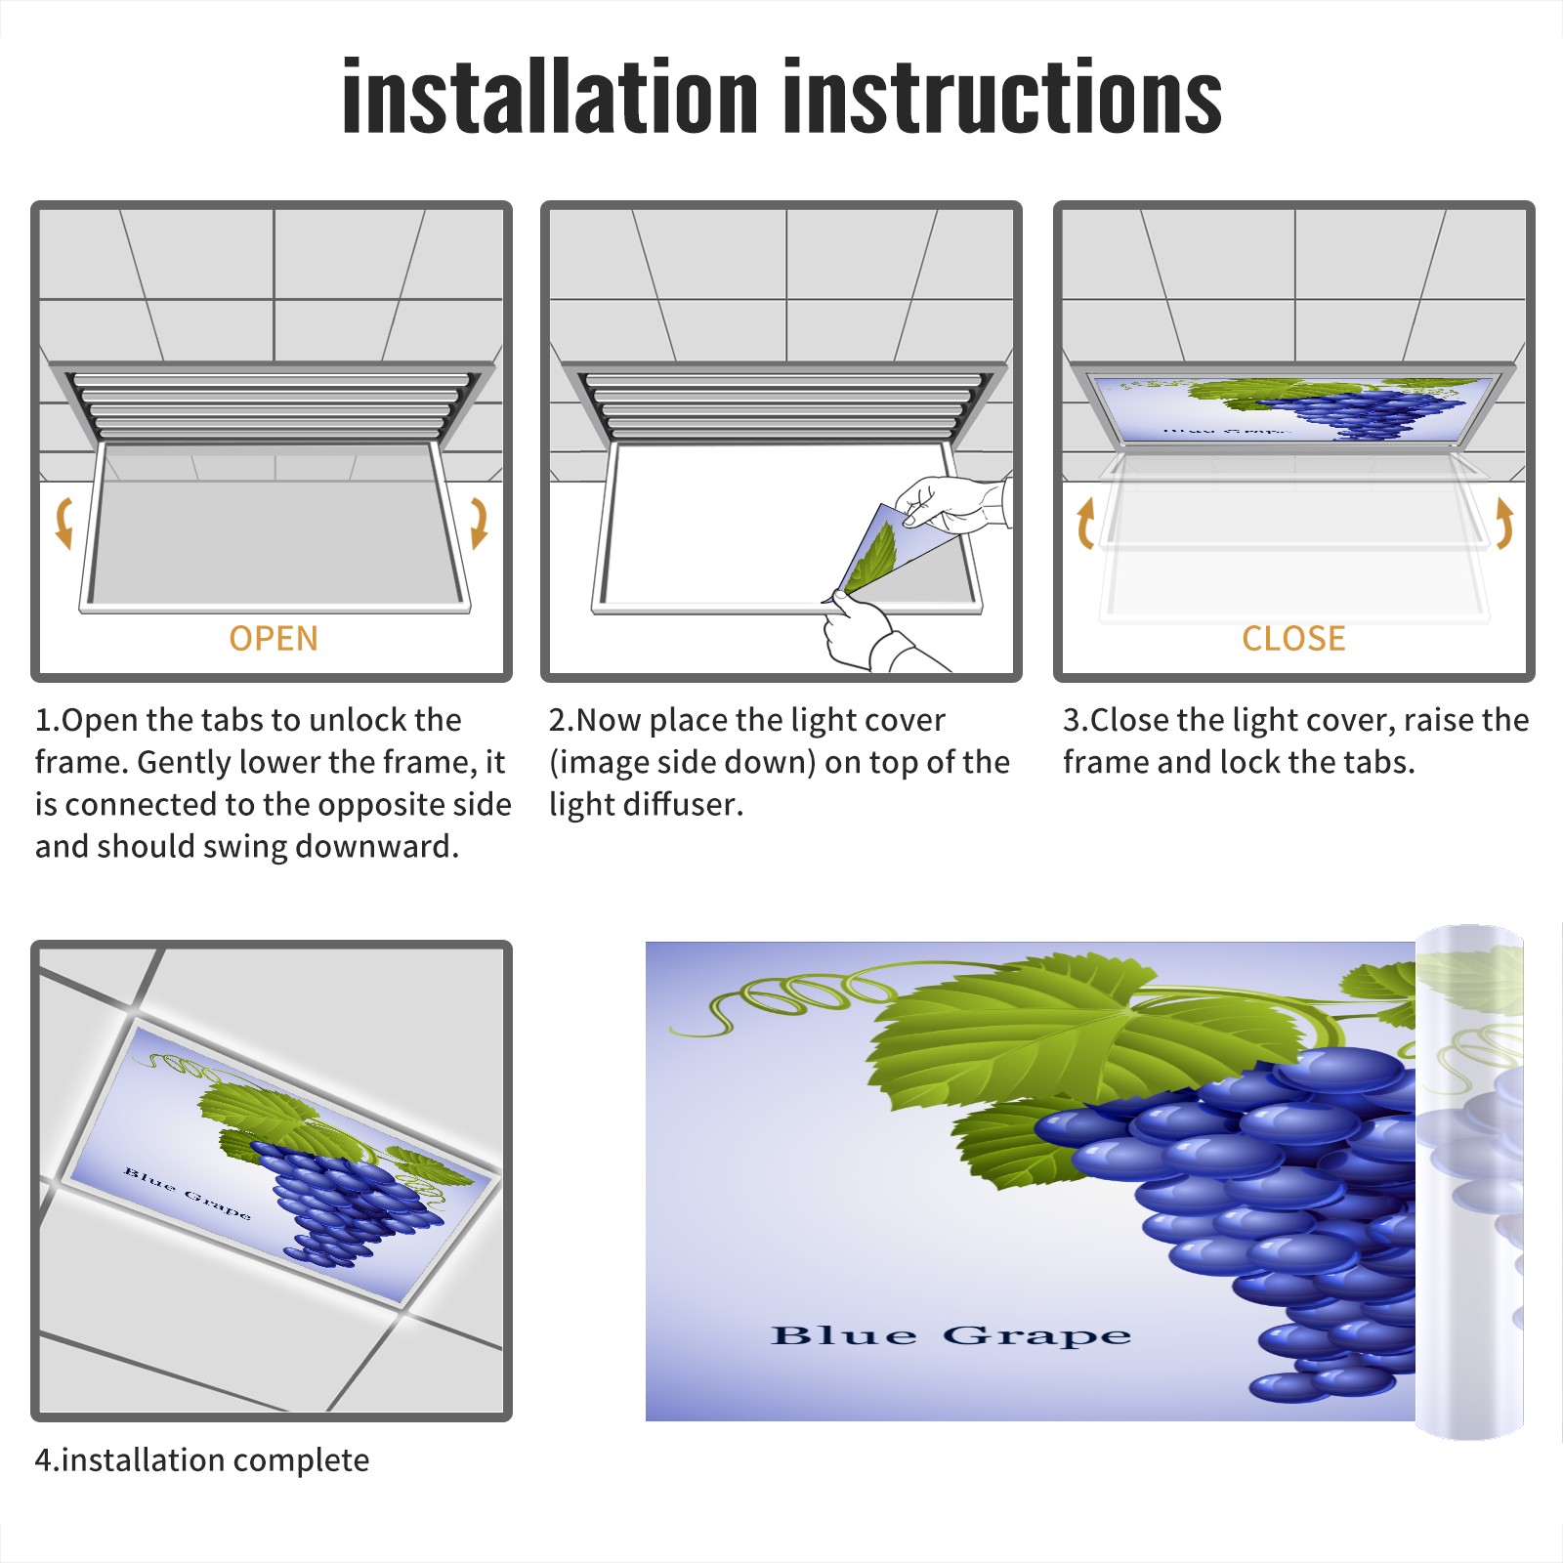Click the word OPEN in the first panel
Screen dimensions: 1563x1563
[274, 639]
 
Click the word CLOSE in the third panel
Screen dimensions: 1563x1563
[1293, 639]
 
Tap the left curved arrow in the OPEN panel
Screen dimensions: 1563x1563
[64, 523]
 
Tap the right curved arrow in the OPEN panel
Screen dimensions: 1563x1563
[479, 523]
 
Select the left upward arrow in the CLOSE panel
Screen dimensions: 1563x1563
[1084, 523]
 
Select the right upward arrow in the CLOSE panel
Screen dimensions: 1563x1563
[1504, 523]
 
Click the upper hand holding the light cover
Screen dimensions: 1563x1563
[952, 503]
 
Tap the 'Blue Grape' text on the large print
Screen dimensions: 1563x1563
[950, 1335]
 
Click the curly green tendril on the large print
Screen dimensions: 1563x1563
[781, 996]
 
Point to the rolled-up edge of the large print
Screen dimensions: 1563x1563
[1469, 1182]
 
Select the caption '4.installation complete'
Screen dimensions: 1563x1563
[202, 1460]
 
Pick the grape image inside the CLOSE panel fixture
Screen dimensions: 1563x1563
[1294, 408]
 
